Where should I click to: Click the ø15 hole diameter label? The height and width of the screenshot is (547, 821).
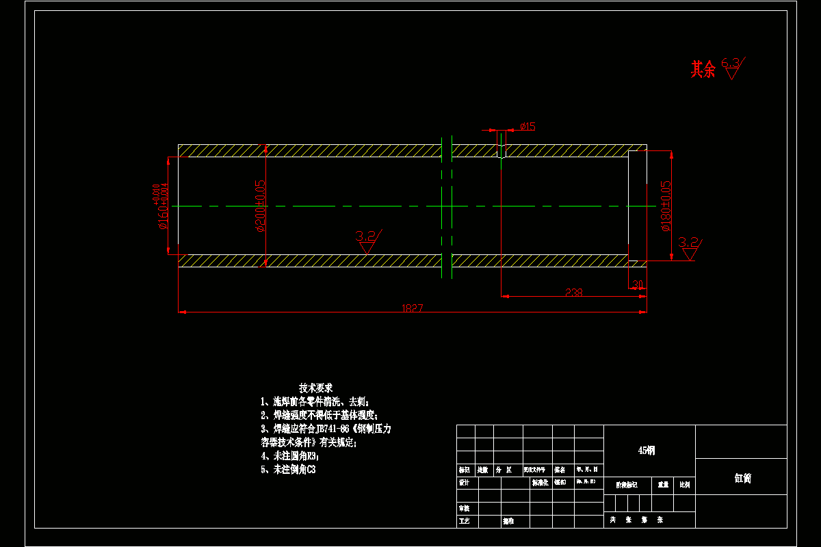pos(527,126)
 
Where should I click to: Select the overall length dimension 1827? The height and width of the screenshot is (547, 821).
pos(413,308)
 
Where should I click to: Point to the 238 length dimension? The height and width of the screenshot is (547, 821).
pos(574,293)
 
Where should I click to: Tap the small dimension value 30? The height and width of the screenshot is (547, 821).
pos(638,284)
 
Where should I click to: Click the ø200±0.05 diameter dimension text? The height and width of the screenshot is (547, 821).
pos(261,206)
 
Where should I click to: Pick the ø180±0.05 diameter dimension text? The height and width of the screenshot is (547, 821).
pos(666,206)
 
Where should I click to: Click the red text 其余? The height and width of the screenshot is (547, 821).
pos(703,69)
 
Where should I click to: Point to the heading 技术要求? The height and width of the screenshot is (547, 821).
pos(315,388)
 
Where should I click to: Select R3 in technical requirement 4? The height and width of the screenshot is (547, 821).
pos(313,455)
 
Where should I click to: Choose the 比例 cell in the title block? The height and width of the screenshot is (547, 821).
pos(684,484)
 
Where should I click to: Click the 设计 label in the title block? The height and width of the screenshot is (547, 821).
pos(464,483)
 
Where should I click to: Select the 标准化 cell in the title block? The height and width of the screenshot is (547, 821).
pos(540,483)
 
